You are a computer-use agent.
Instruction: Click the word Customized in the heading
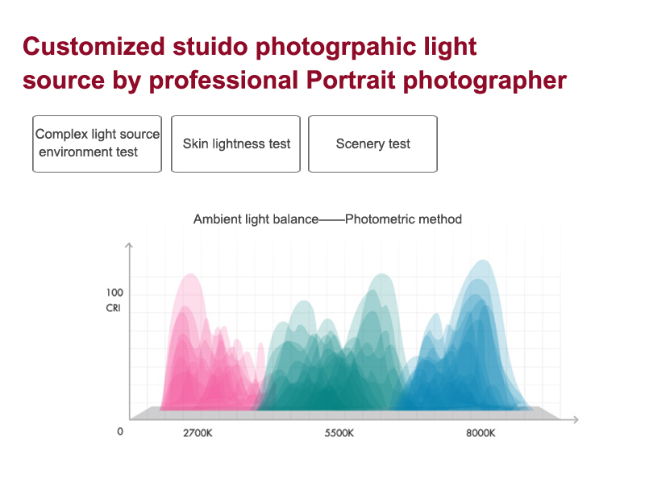pyautogui.click(x=94, y=46)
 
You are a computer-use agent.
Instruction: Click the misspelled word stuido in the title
pyautogui.click(x=210, y=46)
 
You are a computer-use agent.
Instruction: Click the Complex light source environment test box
pyautogui.click(x=97, y=144)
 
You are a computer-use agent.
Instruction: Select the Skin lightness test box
pyautogui.click(x=235, y=144)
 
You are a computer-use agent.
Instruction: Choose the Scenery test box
pyautogui.click(x=372, y=144)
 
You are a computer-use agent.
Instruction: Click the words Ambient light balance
pyautogui.click(x=256, y=219)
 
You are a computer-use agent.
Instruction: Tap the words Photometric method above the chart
pyautogui.click(x=404, y=219)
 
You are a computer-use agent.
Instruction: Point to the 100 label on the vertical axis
pyautogui.click(x=114, y=293)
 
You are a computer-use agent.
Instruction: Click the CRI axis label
pyautogui.click(x=113, y=308)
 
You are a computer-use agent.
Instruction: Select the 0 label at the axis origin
pyautogui.click(x=120, y=431)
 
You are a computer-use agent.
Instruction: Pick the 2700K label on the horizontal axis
pyautogui.click(x=198, y=433)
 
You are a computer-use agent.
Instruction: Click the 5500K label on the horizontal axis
pyautogui.click(x=339, y=433)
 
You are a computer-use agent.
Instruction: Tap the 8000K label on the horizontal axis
pyautogui.click(x=481, y=433)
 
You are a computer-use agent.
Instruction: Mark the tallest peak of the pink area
pyautogui.click(x=191, y=274)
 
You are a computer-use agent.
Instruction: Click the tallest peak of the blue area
pyautogui.click(x=483, y=260)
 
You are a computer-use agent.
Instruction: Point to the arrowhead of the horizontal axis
pyautogui.click(x=576, y=419)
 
